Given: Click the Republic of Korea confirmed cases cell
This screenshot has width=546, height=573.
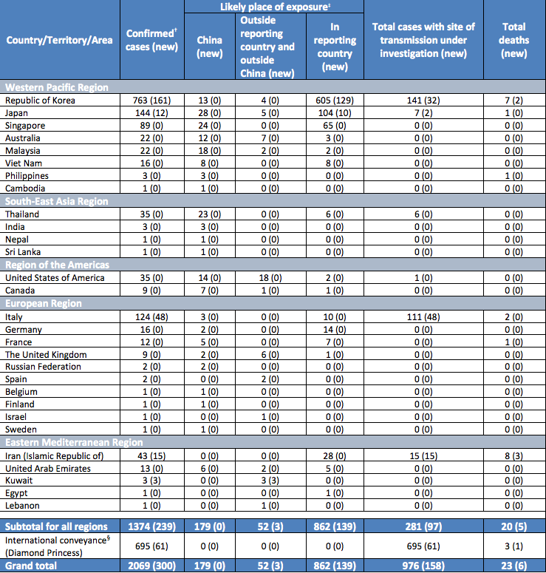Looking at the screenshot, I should [151, 101].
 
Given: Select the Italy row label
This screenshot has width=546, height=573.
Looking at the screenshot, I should [14, 317].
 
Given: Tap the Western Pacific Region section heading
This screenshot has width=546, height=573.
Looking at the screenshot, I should [56, 87].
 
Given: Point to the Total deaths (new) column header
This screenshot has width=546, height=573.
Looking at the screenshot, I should [513, 40].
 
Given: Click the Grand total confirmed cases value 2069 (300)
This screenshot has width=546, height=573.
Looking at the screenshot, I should [151, 566].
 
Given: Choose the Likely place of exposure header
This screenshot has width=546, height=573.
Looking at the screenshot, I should [275, 7].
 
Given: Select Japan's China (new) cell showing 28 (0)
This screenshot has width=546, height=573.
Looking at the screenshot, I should [210, 113].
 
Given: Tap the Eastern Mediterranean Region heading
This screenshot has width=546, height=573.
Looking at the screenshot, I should [73, 443].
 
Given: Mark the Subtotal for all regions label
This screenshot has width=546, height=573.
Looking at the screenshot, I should [57, 526].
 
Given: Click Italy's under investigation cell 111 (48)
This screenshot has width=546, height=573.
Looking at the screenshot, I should [423, 317].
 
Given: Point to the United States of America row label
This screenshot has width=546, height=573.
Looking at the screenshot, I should [55, 278].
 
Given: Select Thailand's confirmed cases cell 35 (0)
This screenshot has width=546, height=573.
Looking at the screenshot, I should [151, 214].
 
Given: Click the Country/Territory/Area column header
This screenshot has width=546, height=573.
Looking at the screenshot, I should [59, 40].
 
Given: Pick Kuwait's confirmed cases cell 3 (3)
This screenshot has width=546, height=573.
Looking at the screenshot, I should [151, 481].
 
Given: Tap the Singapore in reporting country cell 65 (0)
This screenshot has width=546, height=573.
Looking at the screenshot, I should [334, 126].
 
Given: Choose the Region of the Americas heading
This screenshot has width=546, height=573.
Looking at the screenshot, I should [57, 265].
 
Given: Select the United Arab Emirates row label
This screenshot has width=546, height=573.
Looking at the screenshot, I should [48, 469].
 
